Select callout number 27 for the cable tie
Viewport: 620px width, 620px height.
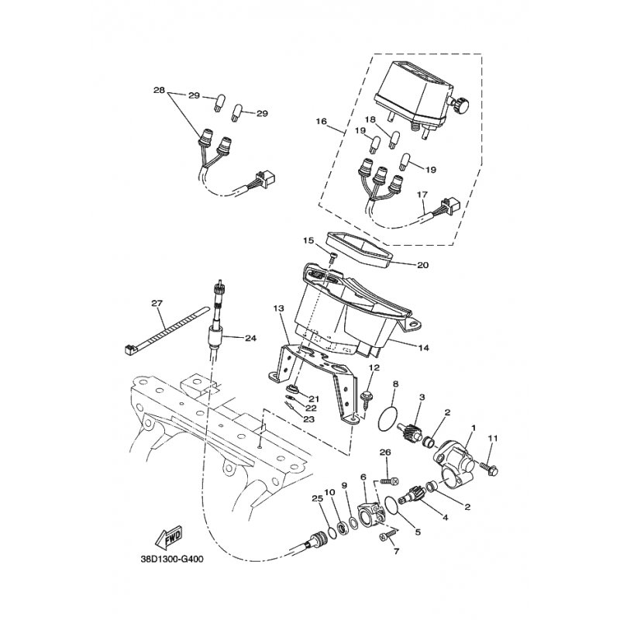pos(157,303)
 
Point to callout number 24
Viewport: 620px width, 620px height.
pos(250,338)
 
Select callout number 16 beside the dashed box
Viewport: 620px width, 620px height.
pos(322,121)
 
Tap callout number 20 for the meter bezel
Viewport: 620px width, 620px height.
pos(422,265)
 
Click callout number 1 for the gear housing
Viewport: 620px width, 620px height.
pos(474,429)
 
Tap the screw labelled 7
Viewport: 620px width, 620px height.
pos(388,535)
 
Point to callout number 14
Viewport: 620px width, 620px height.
pos(422,348)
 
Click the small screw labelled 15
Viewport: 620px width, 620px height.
pos(332,257)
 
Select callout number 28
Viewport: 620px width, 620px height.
pos(159,91)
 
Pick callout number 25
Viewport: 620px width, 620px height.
pos(316,498)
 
